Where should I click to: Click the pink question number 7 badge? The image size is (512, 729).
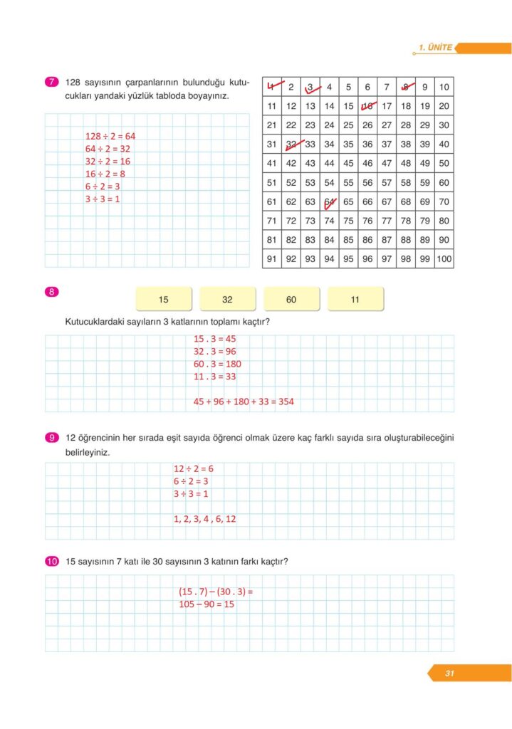51,82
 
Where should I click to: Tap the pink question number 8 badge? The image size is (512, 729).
51,291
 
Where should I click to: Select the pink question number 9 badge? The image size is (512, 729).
51,437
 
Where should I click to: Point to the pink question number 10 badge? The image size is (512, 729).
51,562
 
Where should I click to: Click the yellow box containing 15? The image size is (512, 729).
164,300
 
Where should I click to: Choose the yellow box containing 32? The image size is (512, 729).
227,300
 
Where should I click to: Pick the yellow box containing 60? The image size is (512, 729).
291,300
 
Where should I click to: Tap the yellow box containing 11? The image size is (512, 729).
355,300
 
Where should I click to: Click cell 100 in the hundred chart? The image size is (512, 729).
444,259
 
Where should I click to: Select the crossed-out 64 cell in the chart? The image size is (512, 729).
329,201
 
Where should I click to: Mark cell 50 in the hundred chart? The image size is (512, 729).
444,163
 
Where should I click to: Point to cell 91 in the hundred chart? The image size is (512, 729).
271,259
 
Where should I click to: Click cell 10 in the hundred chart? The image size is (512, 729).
444,87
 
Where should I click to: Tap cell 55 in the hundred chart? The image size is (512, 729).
348,182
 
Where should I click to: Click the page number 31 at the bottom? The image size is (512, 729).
449,673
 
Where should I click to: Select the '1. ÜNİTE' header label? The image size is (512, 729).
436,48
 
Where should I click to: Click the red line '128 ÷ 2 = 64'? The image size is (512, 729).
110,135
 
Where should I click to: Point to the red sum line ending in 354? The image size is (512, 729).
244,402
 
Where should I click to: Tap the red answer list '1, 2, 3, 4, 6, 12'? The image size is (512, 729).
204,519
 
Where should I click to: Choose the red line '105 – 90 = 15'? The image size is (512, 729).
207,604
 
